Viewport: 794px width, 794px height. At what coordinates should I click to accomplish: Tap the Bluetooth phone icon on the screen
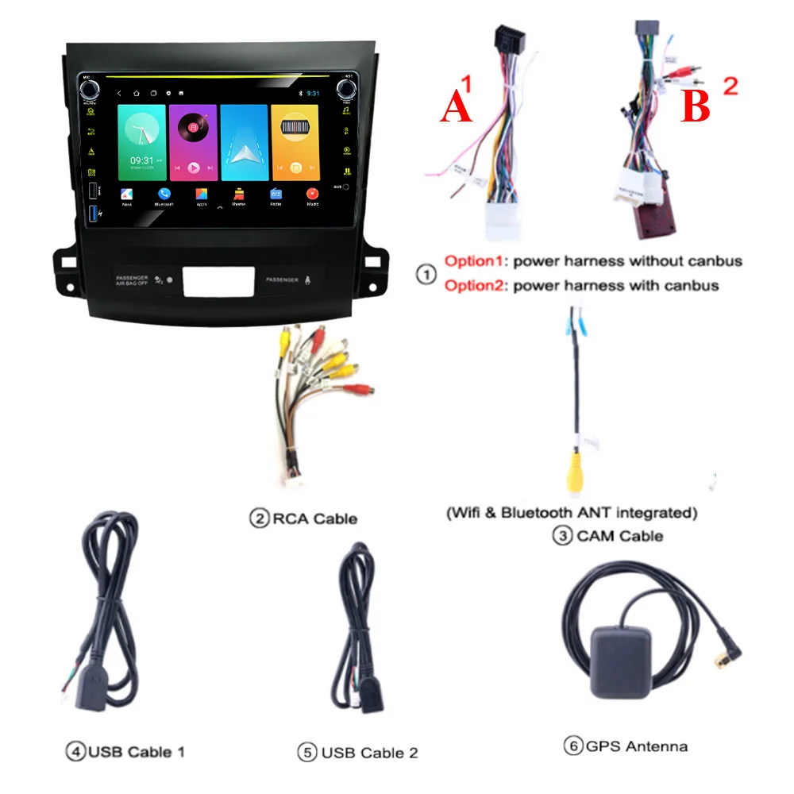pyautogui.click(x=164, y=193)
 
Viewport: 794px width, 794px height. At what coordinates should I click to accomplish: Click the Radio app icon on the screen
pyautogui.click(x=276, y=194)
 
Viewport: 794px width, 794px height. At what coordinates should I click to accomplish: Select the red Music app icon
pyautogui.click(x=312, y=193)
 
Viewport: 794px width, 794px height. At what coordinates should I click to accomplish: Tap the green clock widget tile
pyautogui.click(x=141, y=142)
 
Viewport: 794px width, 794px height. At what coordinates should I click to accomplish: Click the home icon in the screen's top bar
pyautogui.click(x=136, y=94)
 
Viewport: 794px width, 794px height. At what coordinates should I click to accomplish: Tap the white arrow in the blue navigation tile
pyautogui.click(x=244, y=144)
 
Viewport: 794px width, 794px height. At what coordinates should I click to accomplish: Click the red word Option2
pyautogui.click(x=476, y=285)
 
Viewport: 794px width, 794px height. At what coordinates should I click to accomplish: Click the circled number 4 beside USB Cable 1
pyautogui.click(x=75, y=750)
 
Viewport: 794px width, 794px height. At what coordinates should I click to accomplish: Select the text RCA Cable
pyautogui.click(x=314, y=518)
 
